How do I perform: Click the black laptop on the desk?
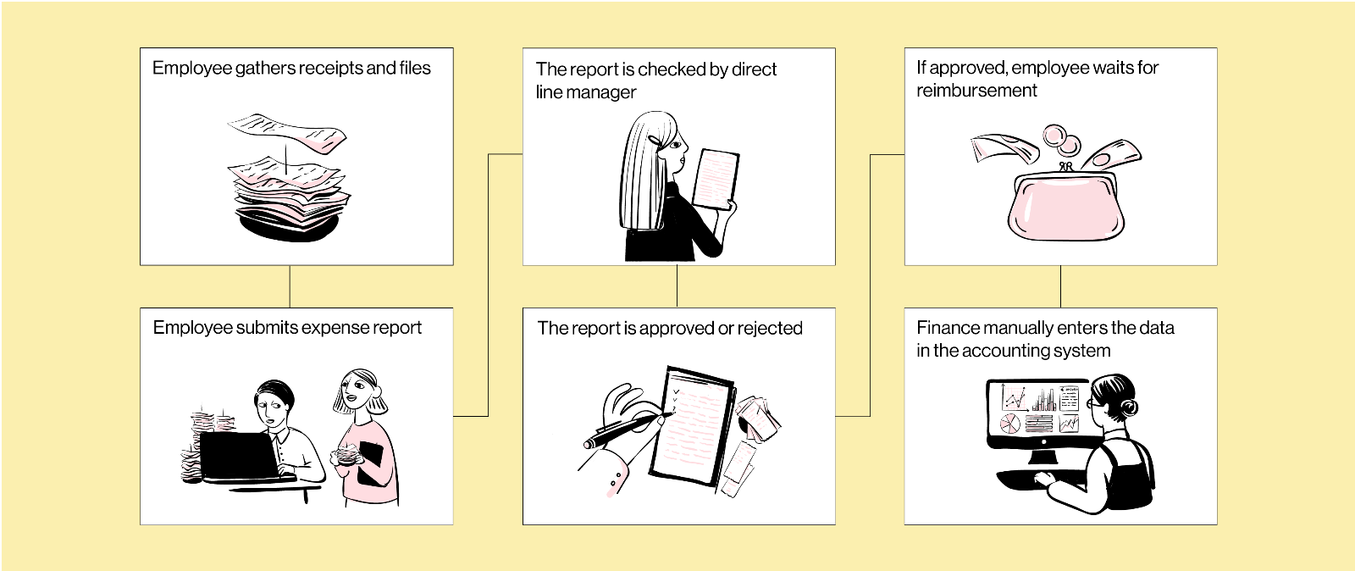click(239, 456)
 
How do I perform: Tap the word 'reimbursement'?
click(976, 91)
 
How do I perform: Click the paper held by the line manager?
click(716, 178)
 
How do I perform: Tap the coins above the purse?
click(1059, 139)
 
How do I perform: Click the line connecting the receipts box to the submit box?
click(290, 286)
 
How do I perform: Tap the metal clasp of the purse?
click(1067, 167)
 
